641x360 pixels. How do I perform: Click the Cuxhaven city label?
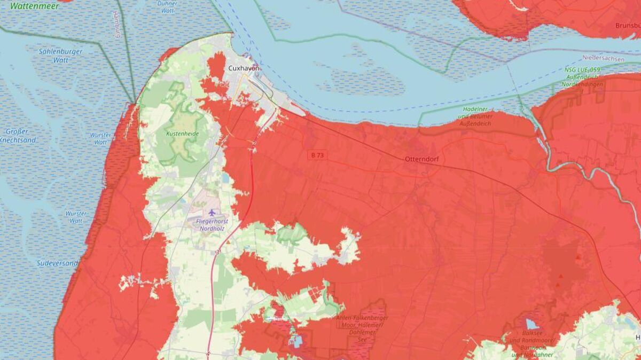click(x=244, y=68)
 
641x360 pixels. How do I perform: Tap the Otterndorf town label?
click(x=421, y=159)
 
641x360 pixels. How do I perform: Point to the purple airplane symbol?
click(x=213, y=213)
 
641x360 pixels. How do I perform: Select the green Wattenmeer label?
click(x=27, y=6)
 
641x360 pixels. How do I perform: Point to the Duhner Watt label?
click(x=167, y=6)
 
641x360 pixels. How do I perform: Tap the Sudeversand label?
click(x=57, y=263)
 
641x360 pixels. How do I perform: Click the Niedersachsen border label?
click(x=603, y=58)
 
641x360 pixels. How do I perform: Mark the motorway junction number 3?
click(x=217, y=252)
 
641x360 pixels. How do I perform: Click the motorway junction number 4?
click(x=208, y=354)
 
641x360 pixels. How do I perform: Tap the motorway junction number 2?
click(x=255, y=143)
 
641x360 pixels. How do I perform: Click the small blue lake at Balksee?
click(x=531, y=324)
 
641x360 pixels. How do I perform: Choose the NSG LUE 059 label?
click(x=583, y=77)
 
